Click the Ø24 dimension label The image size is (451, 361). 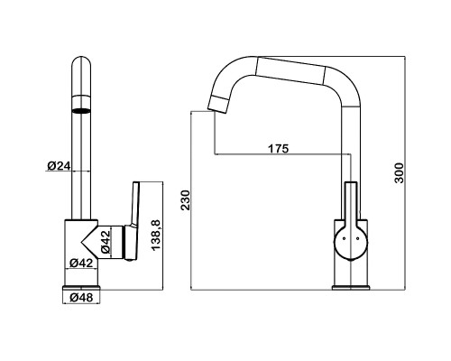tap(59, 166)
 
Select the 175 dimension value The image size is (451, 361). tap(278, 148)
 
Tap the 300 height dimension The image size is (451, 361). tap(400, 173)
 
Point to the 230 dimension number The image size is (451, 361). tap(186, 200)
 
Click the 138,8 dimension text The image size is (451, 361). tap(156, 236)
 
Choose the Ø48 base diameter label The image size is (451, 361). tap(81, 298)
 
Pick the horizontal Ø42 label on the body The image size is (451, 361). tap(81, 263)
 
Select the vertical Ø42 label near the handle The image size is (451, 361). tap(106, 243)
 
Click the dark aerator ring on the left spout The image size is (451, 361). tap(81, 110)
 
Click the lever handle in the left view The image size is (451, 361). tap(133, 221)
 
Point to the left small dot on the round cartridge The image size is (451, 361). tap(344, 238)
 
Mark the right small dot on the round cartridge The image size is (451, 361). tap(358, 238)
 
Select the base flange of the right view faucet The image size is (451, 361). tap(351, 288)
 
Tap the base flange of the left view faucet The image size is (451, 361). tap(81, 288)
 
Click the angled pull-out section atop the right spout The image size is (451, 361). tap(290, 69)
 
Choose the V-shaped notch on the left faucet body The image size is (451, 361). tap(89, 242)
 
